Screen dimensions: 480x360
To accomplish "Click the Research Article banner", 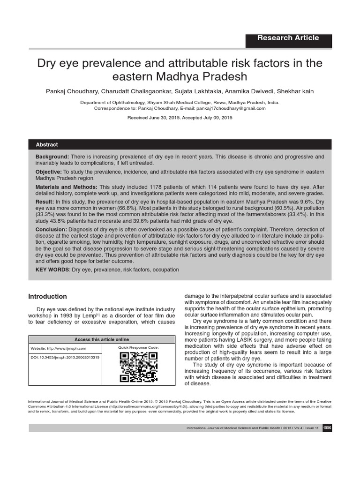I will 288,38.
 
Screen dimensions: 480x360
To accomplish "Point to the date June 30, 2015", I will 164,118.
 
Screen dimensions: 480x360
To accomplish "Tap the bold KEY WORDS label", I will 53,270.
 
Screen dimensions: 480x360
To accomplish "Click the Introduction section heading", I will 48,297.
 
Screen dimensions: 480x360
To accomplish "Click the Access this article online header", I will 102,339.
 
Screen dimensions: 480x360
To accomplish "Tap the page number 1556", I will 327,428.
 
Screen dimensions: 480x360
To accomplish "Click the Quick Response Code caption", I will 138,347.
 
